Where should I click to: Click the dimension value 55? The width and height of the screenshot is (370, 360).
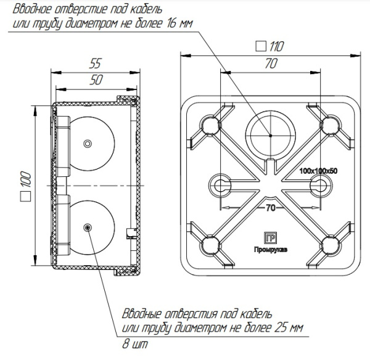pos(96,63)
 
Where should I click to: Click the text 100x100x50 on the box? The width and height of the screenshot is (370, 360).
pos(321,170)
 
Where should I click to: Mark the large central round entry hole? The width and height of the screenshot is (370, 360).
pos(270,134)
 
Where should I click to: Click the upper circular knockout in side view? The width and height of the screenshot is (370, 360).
pos(88,143)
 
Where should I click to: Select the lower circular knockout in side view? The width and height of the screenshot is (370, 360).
pos(88,227)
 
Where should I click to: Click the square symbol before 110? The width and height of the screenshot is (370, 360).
pos(260,46)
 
